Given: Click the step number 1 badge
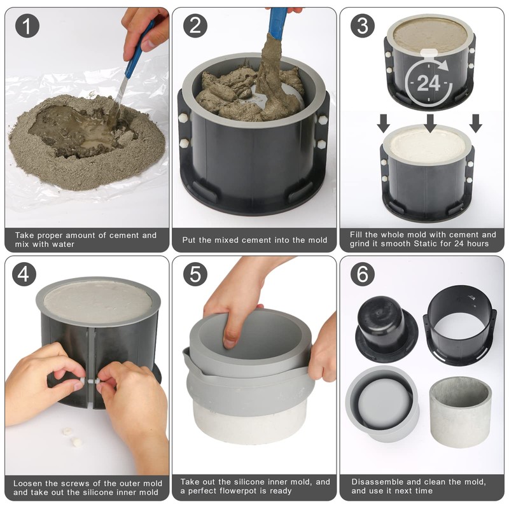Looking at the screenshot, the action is coord(27,25).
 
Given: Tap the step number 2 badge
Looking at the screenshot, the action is coord(195,25).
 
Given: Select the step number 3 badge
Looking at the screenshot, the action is coord(363,25).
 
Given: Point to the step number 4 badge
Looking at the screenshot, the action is coord(24,274).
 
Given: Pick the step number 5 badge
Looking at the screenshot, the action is coord(195,274).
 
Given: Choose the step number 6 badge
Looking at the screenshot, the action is coord(363,274).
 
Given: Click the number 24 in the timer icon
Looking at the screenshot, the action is coord(428,83).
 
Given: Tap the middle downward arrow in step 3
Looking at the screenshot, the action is coord(430,123).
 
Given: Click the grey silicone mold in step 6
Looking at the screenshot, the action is coord(382,404).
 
